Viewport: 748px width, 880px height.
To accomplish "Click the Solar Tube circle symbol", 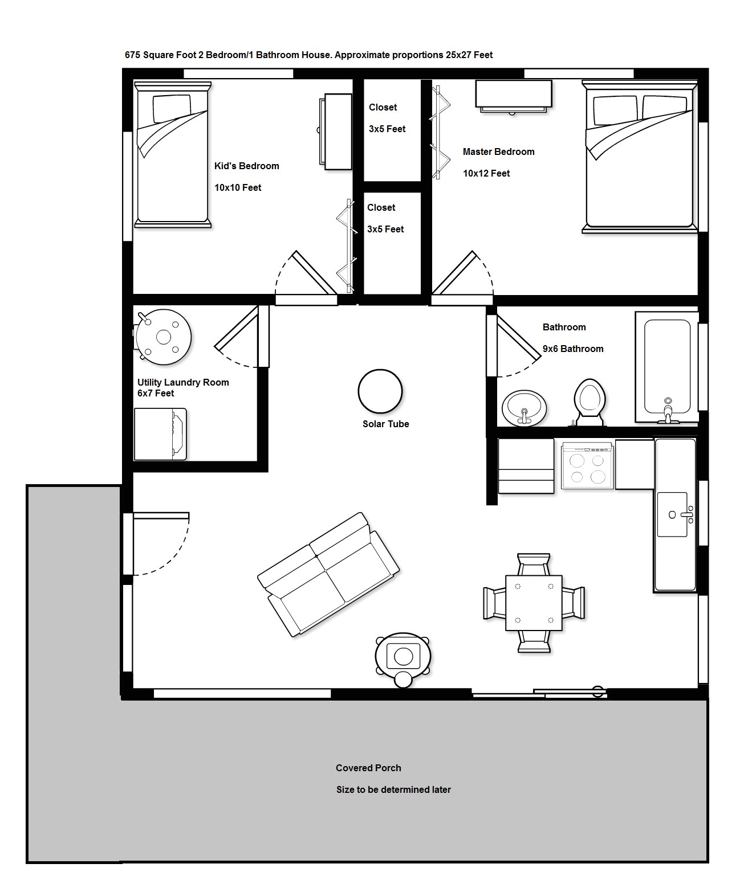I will click(380, 391).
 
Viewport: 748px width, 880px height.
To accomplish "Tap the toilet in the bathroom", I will click(589, 403).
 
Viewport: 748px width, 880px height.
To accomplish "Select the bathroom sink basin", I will click(524, 407).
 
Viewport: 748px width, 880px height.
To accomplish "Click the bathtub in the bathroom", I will click(667, 367).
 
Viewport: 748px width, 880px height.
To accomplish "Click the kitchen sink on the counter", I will click(673, 515).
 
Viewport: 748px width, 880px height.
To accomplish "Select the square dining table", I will click(534, 603).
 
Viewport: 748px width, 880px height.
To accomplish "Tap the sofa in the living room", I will click(328, 574).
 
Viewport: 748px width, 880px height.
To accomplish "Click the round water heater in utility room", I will click(164, 337).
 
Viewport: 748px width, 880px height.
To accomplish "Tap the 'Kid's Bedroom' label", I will click(247, 166).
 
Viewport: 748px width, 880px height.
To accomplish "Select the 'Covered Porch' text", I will click(368, 768).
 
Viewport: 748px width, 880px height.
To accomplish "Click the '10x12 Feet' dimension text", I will click(486, 174).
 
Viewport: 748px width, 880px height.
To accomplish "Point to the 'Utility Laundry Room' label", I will click(183, 383).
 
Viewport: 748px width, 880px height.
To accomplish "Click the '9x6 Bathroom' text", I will click(573, 349).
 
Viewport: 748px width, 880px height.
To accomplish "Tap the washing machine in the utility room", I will click(160, 434).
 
